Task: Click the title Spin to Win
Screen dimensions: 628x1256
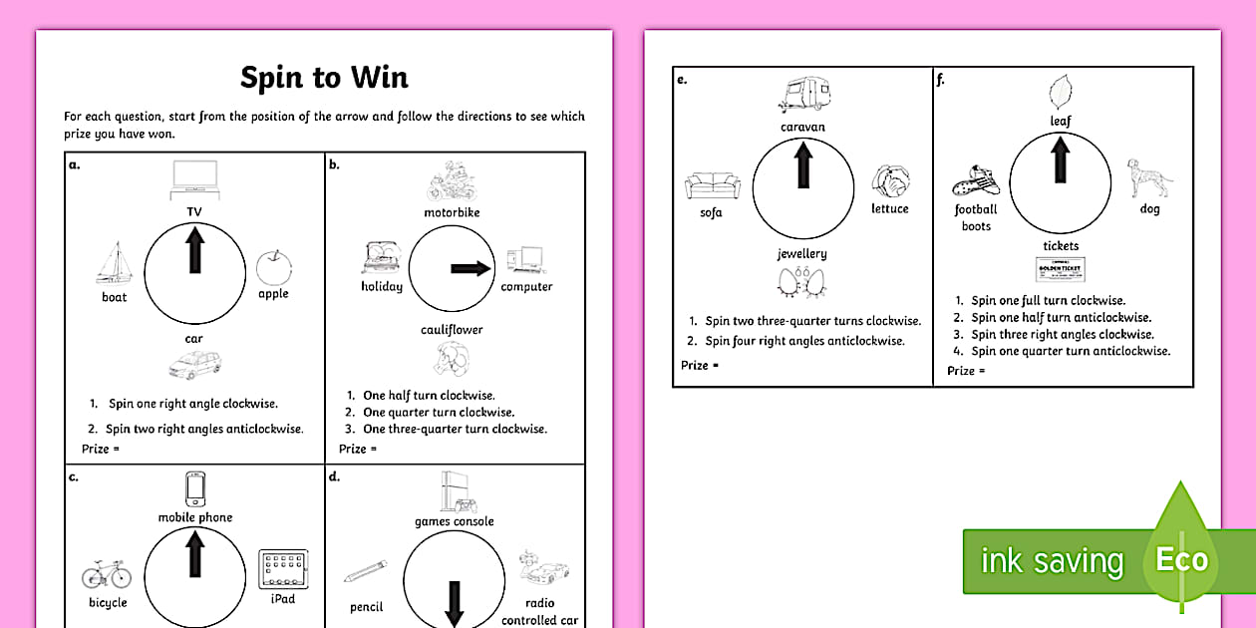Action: [x=324, y=78]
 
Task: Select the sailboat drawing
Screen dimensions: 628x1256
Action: [x=113, y=263]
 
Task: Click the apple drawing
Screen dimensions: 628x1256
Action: [x=273, y=267]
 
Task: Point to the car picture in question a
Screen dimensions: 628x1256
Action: [x=194, y=365]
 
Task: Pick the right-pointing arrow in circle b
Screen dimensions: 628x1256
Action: [x=471, y=268]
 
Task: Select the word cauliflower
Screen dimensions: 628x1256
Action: [x=452, y=329]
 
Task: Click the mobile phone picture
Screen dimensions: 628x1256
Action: [x=195, y=489]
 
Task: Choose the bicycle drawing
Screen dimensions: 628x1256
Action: [x=107, y=575]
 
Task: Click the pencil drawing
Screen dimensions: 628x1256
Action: [x=366, y=572]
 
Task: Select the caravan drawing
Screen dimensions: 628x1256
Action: [x=802, y=96]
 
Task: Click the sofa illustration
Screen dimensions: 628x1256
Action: [x=712, y=185]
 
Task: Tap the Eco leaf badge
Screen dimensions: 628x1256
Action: [x=1181, y=559]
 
